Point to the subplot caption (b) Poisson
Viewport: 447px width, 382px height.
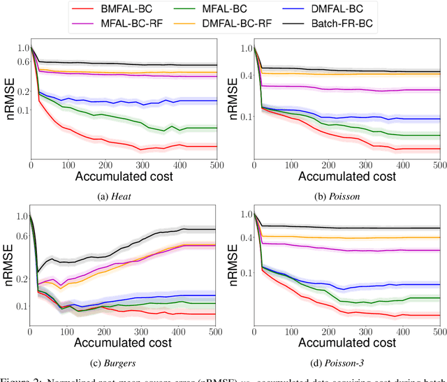coord(342,196)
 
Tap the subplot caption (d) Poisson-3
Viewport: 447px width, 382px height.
coord(342,362)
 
